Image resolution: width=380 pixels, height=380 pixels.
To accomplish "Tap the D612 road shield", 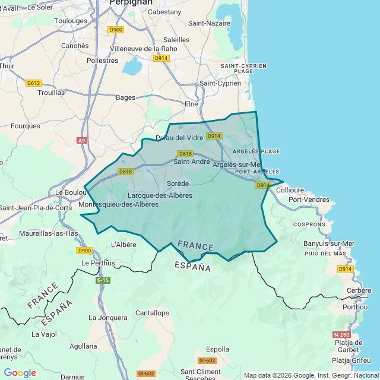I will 34,83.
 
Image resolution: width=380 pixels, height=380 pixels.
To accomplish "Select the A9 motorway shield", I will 81,141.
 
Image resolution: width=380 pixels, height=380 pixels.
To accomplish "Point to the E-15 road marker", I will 103,280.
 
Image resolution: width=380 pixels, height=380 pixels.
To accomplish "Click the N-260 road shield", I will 341,334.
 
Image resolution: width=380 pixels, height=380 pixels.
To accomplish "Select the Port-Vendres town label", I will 309,200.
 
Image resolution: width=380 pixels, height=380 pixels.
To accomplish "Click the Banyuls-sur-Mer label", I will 328,243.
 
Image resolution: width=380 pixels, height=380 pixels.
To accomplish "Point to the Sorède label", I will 178,183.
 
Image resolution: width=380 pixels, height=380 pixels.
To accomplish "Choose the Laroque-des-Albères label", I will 160,195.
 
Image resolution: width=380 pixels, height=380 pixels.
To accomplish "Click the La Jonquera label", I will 107,318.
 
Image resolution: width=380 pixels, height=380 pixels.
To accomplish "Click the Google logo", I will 20,373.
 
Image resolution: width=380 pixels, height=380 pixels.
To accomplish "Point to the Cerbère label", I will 359,290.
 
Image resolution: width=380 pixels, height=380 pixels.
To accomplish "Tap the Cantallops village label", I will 152,313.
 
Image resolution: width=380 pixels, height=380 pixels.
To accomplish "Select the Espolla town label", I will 217,349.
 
